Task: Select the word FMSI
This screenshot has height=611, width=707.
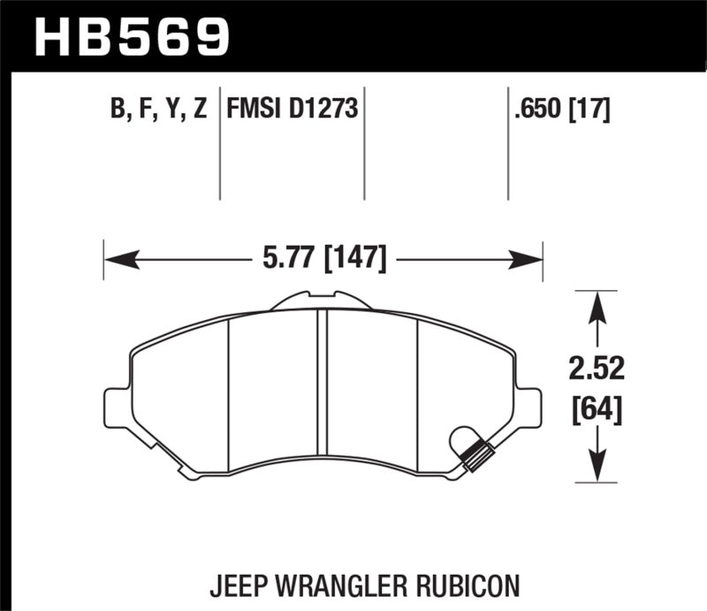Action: pos(254,109)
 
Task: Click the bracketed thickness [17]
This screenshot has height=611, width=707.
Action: pos(592,109)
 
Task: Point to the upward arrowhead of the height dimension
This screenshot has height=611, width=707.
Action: pos(598,307)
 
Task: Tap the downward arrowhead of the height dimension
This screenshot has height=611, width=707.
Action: pos(598,465)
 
